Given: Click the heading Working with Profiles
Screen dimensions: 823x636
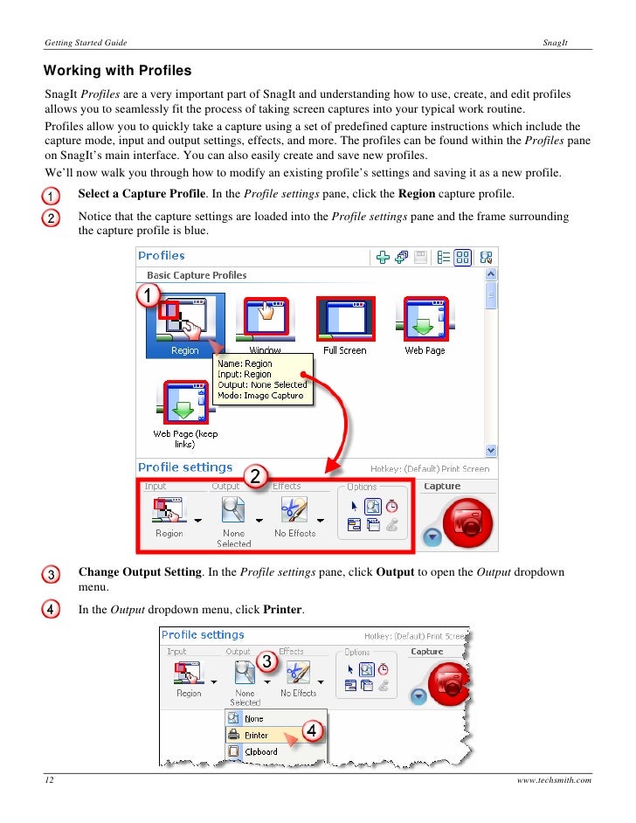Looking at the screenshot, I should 118,70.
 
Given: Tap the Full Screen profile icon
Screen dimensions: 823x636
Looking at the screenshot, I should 345,318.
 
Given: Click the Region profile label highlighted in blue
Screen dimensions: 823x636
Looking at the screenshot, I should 184,350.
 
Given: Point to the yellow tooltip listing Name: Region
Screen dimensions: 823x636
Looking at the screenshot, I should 262,379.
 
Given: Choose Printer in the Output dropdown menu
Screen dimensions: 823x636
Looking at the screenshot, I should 256,735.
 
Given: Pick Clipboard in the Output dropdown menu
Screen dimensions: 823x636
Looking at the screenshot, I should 260,751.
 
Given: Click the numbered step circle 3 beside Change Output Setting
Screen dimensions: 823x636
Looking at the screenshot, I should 52,575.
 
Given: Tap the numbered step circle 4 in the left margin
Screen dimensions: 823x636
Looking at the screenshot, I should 52,608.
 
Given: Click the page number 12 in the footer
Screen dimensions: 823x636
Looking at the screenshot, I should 51,780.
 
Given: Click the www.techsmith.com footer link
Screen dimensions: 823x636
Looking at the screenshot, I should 554,780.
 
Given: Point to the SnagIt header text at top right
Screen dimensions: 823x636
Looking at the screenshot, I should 555,42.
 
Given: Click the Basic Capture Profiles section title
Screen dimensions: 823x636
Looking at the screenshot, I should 197,275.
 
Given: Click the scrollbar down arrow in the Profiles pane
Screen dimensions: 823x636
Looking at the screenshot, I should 491,451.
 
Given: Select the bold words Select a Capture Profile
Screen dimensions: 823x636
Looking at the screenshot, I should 142,193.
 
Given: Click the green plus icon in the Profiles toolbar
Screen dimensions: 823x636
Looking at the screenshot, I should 382,257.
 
